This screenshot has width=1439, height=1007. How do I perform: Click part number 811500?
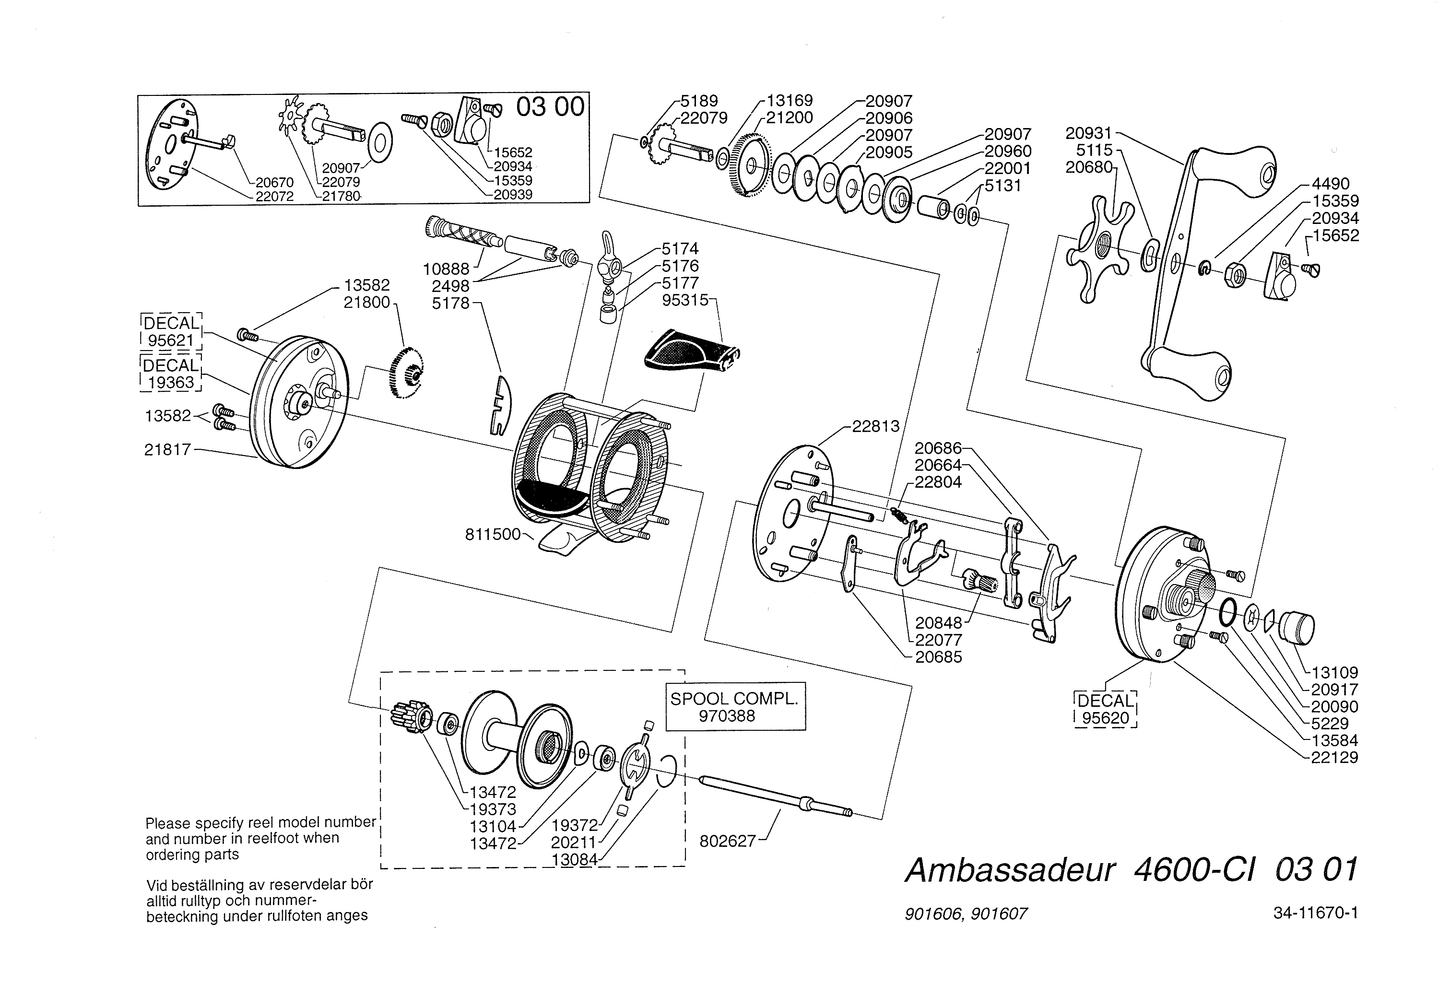pyautogui.click(x=493, y=535)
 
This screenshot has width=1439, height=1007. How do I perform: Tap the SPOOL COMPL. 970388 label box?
pyautogui.click(x=734, y=707)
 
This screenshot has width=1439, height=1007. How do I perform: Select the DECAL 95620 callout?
pyautogui.click(x=1105, y=709)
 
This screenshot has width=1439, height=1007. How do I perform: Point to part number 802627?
pyautogui.click(x=727, y=841)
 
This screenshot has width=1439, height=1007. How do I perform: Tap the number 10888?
pyautogui.click(x=446, y=269)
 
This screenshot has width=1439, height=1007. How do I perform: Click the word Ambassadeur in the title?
pyautogui.click(x=1010, y=870)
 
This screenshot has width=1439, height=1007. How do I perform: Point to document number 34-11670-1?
pyautogui.click(x=1315, y=913)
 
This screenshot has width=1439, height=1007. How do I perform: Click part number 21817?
pyautogui.click(x=167, y=449)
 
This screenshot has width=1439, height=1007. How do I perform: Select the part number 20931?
pyautogui.click(x=1089, y=133)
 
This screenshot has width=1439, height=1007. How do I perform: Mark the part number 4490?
pyautogui.click(x=1331, y=184)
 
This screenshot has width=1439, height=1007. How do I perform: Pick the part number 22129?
pyautogui.click(x=1334, y=757)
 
